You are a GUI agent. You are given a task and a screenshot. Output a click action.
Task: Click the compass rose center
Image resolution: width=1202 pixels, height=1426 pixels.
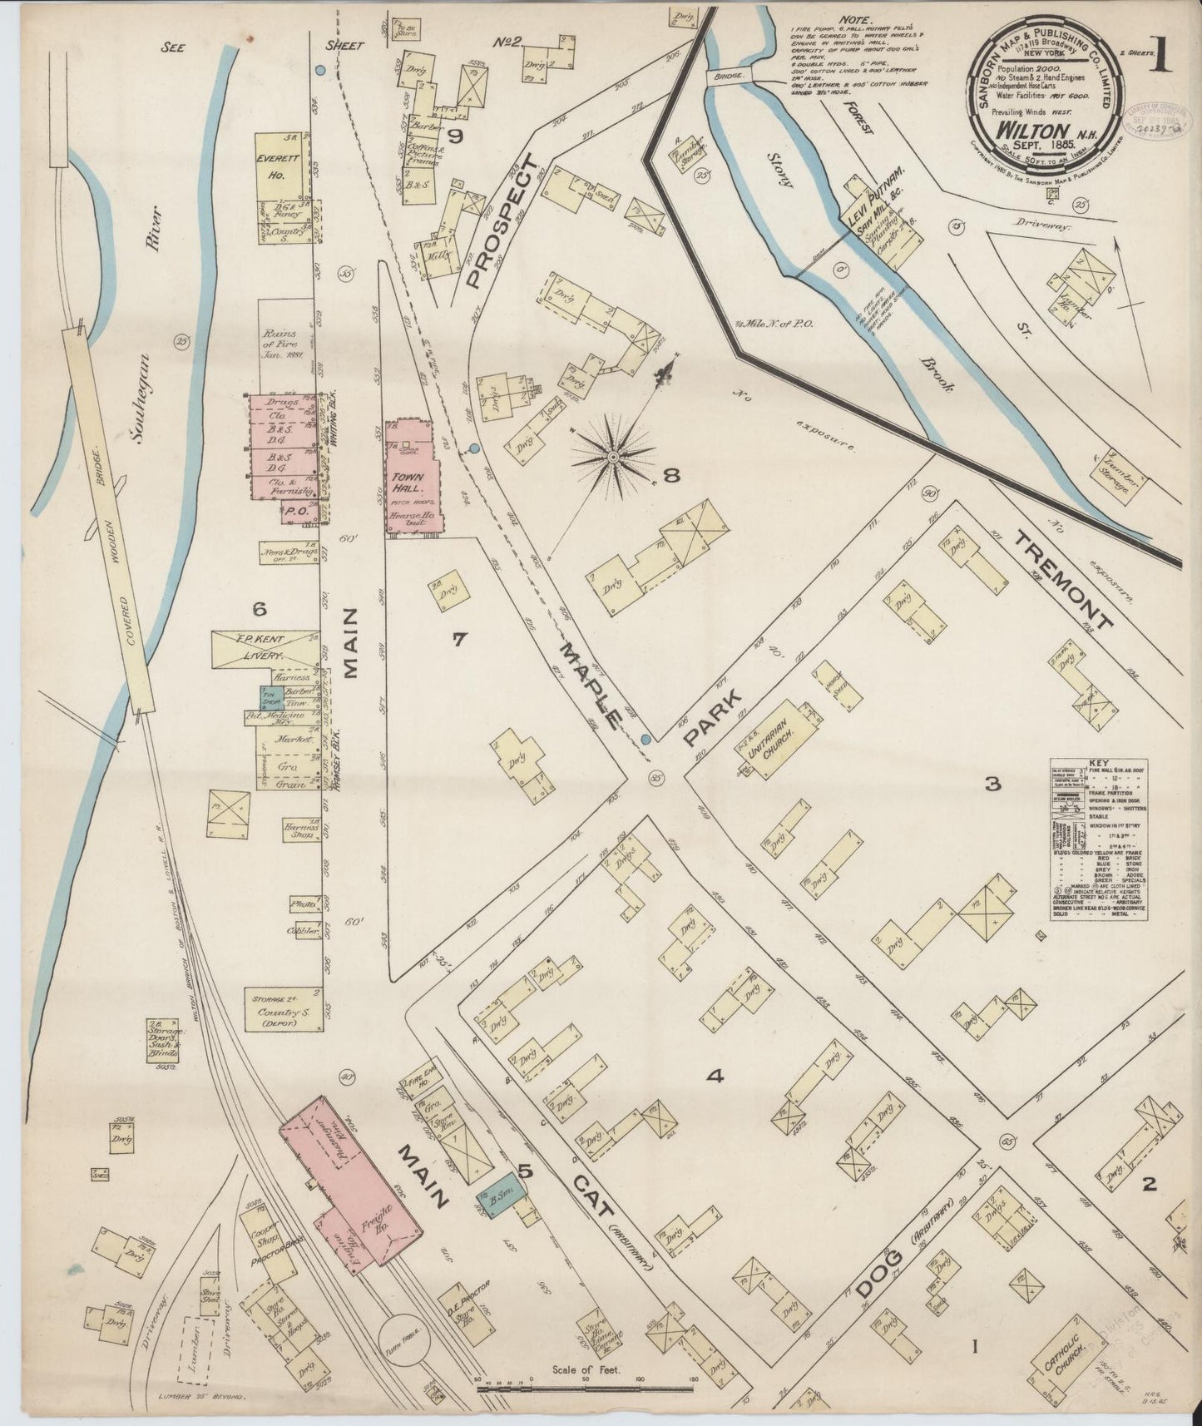tap(613, 457)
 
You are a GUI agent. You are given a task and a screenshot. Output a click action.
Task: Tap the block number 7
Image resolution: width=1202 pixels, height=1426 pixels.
tap(458, 639)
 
